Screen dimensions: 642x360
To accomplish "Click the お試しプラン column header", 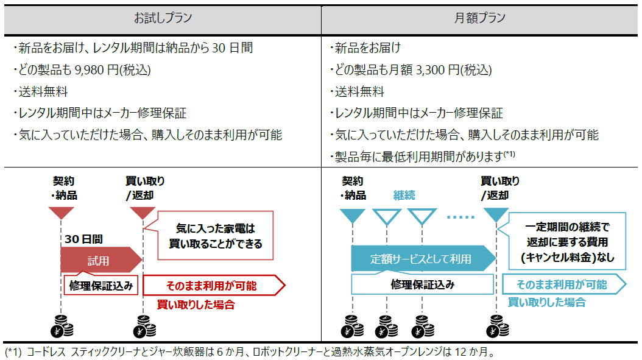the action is [x=163, y=18].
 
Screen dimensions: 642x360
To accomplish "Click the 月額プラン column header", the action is [x=480, y=18].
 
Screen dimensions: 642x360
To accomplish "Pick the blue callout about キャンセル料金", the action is [x=567, y=241].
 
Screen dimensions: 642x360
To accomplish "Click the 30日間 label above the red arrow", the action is [x=83, y=239].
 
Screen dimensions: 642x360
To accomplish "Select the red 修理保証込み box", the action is [x=102, y=284].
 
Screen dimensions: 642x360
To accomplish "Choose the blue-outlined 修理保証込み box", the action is [x=422, y=284].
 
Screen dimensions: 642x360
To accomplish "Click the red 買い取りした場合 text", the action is [x=196, y=305].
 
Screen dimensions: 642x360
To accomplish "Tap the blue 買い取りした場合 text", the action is [x=546, y=302].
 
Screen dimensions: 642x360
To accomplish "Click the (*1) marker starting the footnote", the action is [x=13, y=352].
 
